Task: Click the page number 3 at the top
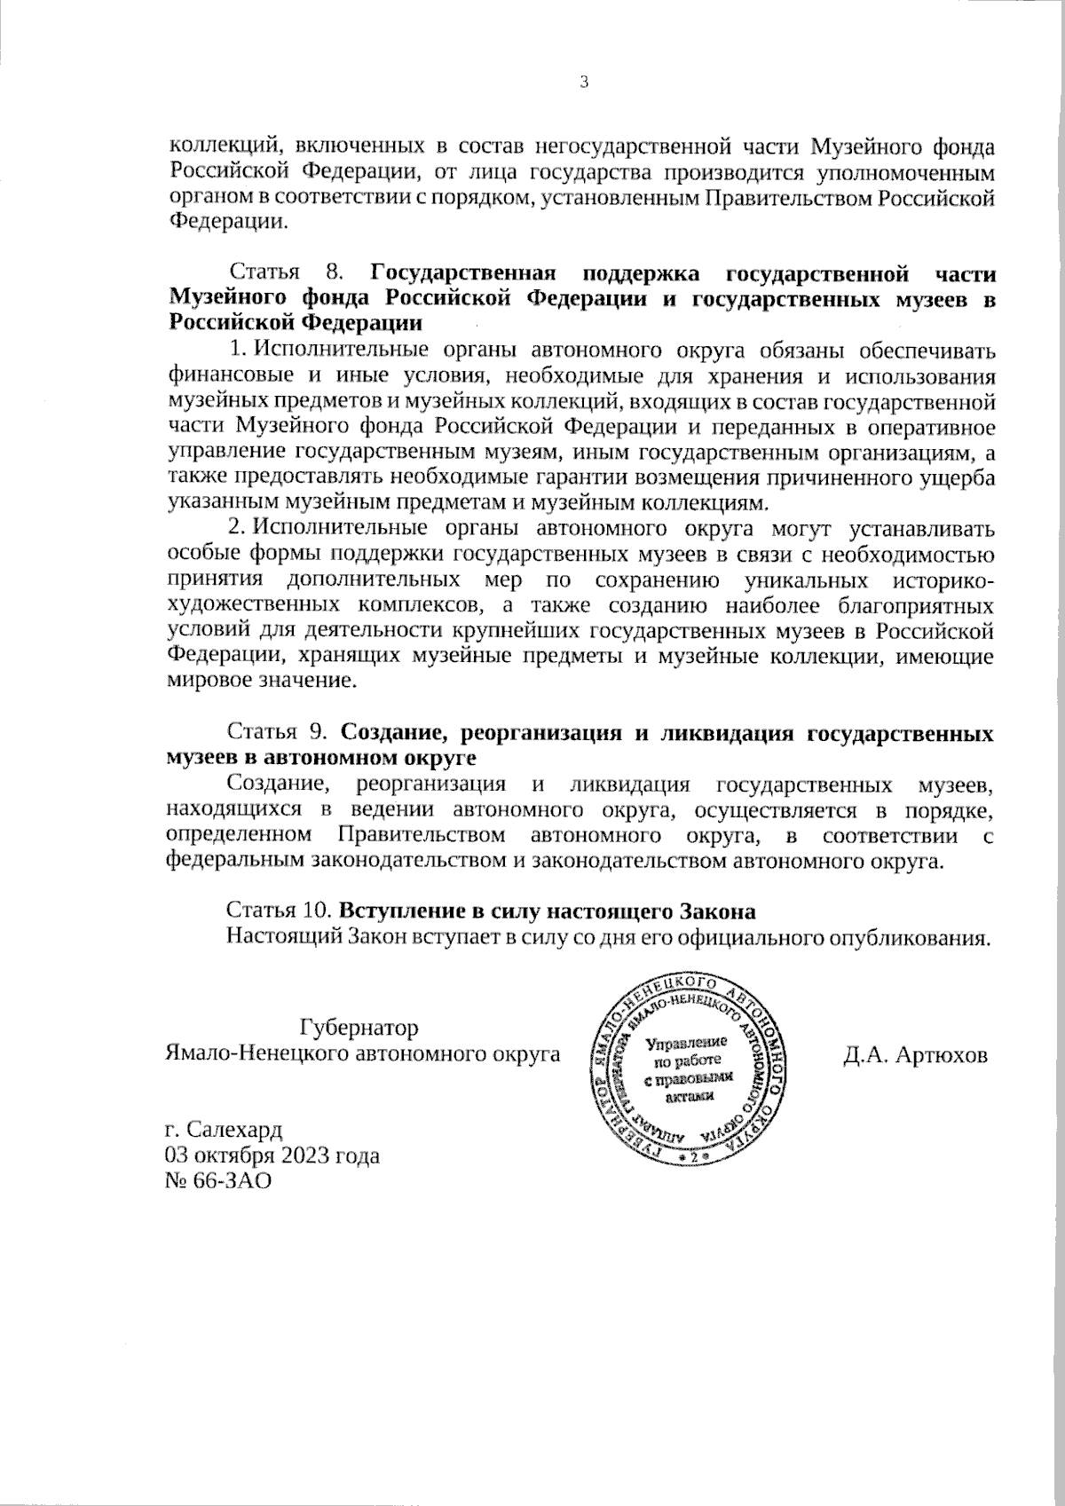click(x=583, y=83)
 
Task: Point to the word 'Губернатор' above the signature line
click(x=359, y=1028)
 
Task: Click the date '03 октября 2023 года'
click(x=272, y=1156)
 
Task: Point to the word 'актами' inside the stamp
click(x=688, y=1095)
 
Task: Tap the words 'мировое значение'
click(x=262, y=682)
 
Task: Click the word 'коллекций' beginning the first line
click(x=213, y=144)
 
